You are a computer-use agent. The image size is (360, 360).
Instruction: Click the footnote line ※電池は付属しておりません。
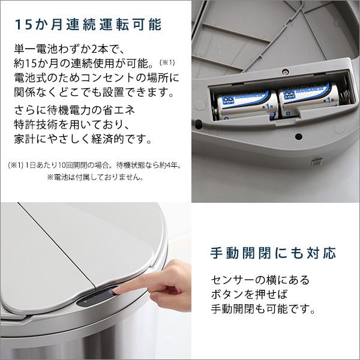click(x=95, y=177)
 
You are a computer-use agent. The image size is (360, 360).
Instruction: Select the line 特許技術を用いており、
click(x=71, y=124)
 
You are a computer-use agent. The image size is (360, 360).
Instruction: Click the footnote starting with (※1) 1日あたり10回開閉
click(x=95, y=165)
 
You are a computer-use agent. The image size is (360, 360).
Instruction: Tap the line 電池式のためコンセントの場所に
click(x=95, y=78)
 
